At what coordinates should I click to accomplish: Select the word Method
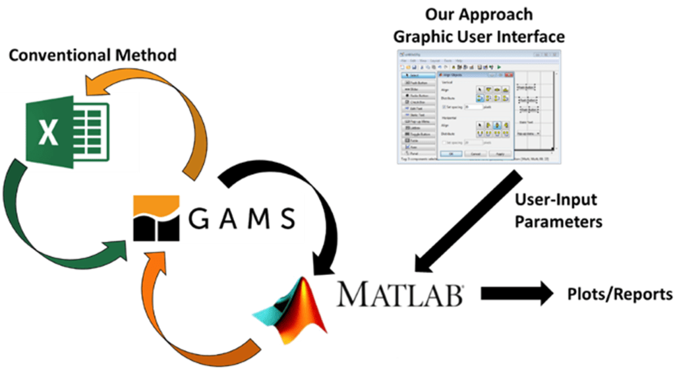pyautogui.click(x=147, y=55)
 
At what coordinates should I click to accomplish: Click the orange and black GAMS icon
pyautogui.click(x=156, y=217)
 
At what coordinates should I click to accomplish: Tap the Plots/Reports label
pyautogui.click(x=620, y=294)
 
